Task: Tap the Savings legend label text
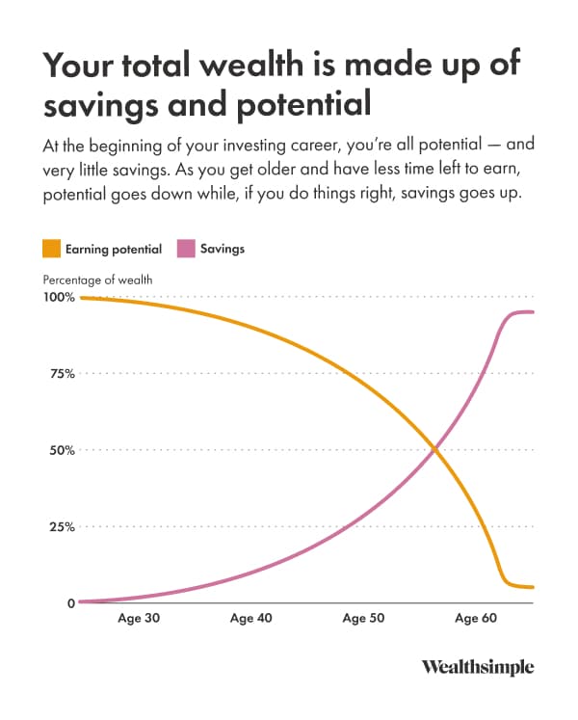(x=223, y=250)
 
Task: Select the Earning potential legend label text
(x=113, y=250)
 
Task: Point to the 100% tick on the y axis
(x=58, y=298)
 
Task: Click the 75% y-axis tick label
(x=61, y=374)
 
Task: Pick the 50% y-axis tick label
(x=61, y=450)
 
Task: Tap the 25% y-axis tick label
(x=61, y=527)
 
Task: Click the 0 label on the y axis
(x=70, y=603)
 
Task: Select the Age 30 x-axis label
(x=138, y=619)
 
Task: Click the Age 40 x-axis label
(x=250, y=619)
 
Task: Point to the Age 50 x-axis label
(x=363, y=619)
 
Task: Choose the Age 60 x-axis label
(x=476, y=619)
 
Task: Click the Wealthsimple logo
(x=478, y=668)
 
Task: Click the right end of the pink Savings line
(x=533, y=311)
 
